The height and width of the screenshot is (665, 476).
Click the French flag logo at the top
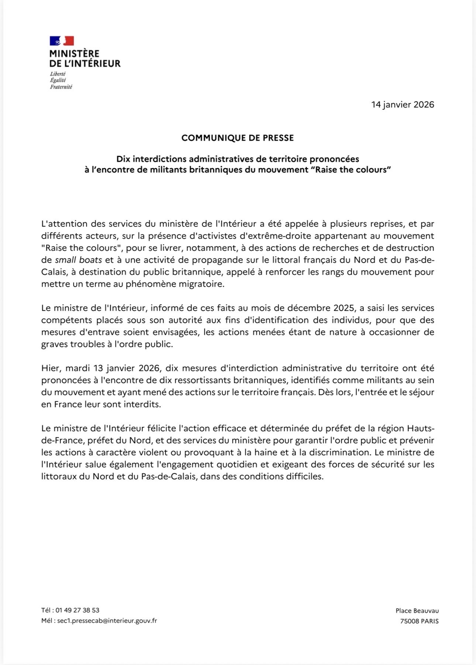point(62,41)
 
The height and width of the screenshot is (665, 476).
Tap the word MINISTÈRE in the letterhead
point(74,54)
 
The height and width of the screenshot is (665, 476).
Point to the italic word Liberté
point(58,74)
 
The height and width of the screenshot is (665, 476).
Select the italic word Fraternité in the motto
point(61,87)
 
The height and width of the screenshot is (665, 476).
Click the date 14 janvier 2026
point(403,104)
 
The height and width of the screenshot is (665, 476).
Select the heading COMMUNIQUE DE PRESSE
point(238,138)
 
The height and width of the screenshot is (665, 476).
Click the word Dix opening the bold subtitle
point(123,159)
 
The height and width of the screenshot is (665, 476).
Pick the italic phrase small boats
point(78,260)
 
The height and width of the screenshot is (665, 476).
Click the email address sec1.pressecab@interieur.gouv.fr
point(107,621)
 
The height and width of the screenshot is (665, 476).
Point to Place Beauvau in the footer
point(417,611)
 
